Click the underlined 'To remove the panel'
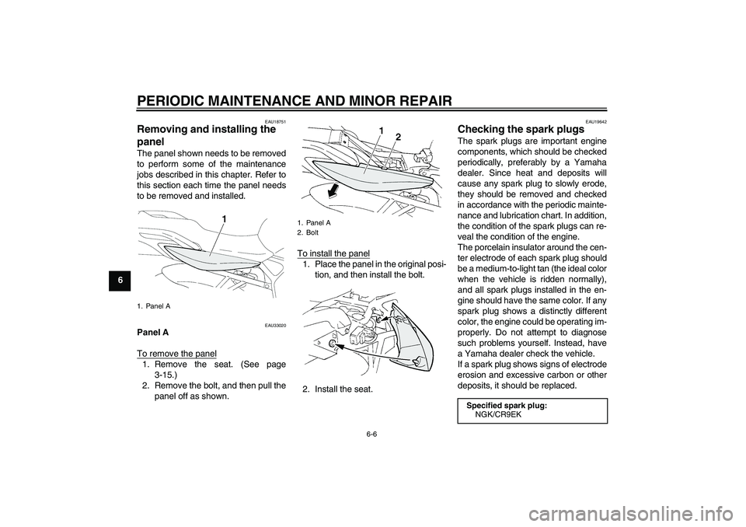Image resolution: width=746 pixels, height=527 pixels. pos(176,354)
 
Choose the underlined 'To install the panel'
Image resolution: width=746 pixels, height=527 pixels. pos(333,253)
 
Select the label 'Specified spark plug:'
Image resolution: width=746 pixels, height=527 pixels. pos(507,405)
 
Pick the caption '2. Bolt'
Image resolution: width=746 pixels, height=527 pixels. pos(308,232)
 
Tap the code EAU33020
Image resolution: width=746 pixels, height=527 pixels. pos(275,325)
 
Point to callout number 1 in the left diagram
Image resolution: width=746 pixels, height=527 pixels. pos(222,219)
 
